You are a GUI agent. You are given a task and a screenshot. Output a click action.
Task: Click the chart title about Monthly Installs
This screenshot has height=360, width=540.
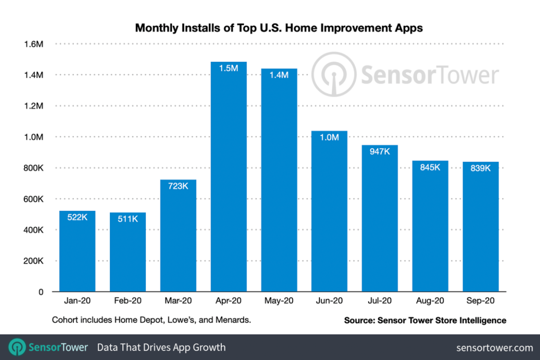pyautogui.click(x=279, y=28)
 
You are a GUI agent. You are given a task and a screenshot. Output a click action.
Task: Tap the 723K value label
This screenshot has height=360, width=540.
pyautogui.click(x=178, y=185)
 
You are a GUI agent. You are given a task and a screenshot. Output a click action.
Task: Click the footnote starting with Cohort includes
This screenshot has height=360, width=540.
pyautogui.click(x=151, y=320)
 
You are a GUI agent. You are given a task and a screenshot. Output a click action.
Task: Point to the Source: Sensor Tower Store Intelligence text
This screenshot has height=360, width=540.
pyautogui.click(x=425, y=320)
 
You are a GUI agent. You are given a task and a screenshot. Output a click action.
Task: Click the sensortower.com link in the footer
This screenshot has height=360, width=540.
pyautogui.click(x=494, y=347)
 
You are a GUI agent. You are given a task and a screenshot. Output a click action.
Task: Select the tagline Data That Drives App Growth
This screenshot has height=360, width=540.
pyautogui.click(x=161, y=347)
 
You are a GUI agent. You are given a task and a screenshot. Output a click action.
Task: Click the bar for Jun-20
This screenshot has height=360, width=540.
pyautogui.click(x=329, y=211)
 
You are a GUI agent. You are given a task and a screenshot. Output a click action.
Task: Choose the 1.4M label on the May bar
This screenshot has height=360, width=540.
pyautogui.click(x=279, y=75)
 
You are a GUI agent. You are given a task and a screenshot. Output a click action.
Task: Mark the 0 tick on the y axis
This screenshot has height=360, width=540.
pyautogui.click(x=40, y=292)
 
